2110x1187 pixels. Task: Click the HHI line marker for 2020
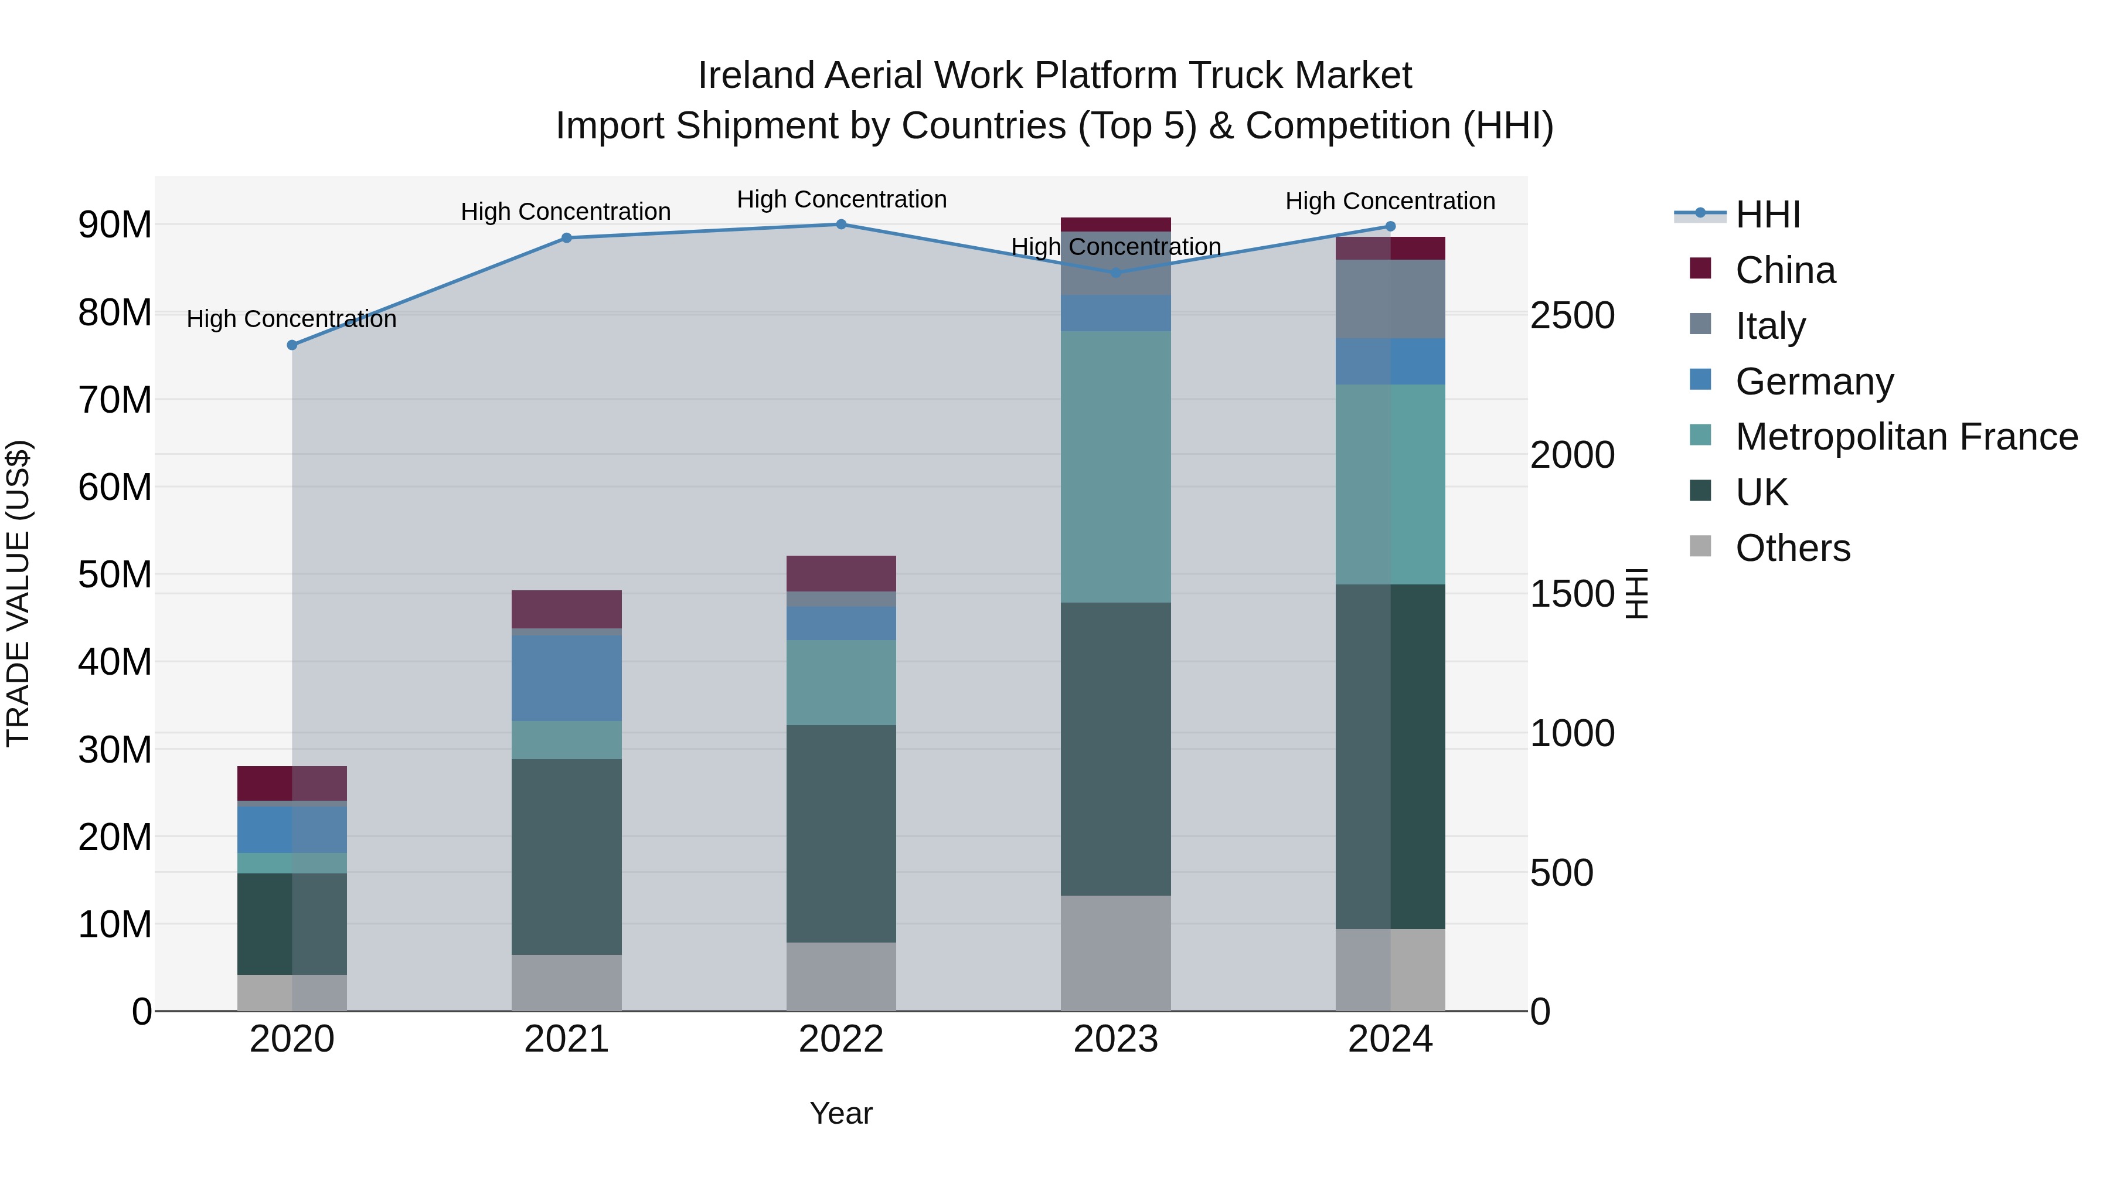click(292, 345)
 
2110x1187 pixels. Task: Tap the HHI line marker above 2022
click(841, 225)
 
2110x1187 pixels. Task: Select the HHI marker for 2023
click(1115, 273)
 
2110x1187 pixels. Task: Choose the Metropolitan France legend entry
click(1905, 437)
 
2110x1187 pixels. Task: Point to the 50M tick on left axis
click(115, 574)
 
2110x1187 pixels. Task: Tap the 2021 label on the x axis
click(566, 1039)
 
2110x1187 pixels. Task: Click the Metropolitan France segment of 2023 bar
click(1115, 467)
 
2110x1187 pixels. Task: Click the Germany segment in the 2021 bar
click(566, 678)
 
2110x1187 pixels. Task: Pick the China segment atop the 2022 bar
click(841, 573)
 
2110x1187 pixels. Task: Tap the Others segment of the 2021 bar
click(566, 982)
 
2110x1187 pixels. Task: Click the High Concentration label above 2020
click(292, 319)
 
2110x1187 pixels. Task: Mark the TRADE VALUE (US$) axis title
click(18, 593)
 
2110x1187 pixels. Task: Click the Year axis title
click(841, 1113)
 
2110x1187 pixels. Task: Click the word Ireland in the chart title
click(755, 76)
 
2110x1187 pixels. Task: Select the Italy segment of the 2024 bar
click(1390, 299)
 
